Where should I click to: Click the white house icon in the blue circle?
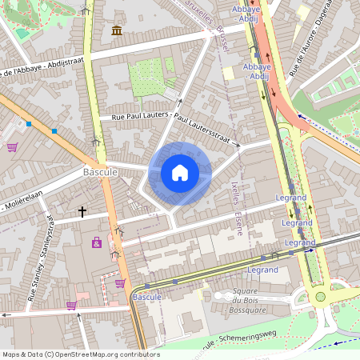coord(180,172)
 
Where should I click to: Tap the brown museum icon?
coord(118,30)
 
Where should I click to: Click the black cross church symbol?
coord(82,212)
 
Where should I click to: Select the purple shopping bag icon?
coord(97,242)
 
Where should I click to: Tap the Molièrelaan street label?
coord(23,206)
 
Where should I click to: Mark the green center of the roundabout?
coord(320,296)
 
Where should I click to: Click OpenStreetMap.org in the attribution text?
coord(107,354)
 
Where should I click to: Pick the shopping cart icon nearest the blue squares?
coord(12,147)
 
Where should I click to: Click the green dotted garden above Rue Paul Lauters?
coord(150,77)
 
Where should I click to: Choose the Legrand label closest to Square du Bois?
coord(262,270)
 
